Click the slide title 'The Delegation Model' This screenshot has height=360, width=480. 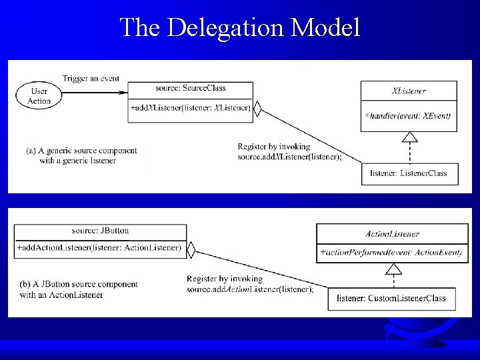240,27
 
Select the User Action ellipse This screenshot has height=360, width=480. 39,95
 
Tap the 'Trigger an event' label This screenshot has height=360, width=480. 91,78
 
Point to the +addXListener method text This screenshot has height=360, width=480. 191,107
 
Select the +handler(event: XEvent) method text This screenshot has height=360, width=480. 407,115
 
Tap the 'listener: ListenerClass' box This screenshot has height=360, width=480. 409,173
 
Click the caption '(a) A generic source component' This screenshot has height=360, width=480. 81,151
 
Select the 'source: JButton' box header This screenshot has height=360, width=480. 100,230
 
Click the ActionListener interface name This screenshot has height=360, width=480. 393,234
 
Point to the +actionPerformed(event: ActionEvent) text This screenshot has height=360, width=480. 393,253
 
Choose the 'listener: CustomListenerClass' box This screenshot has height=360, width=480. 391,298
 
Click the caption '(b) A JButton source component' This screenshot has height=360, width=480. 79,284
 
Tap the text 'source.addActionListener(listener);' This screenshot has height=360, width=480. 250,289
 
